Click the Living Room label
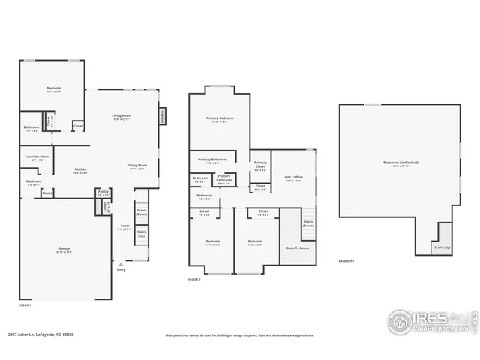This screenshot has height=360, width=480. pos(121,115)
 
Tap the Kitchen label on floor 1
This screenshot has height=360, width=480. pos(79,169)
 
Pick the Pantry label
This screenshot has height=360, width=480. pos(103,192)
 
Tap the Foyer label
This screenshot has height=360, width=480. pos(124,226)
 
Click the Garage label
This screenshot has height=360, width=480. pos(64,248)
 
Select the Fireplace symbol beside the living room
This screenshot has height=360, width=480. pos(162,116)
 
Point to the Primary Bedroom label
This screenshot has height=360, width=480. pos(220,118)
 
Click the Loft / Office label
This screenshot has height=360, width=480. pos(292,177)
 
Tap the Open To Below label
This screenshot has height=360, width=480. pos(298,247)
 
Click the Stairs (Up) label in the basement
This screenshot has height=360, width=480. pos(442,247)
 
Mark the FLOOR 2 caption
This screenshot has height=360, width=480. pos(195,280)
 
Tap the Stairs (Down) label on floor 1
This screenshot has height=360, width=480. pos(142,212)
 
